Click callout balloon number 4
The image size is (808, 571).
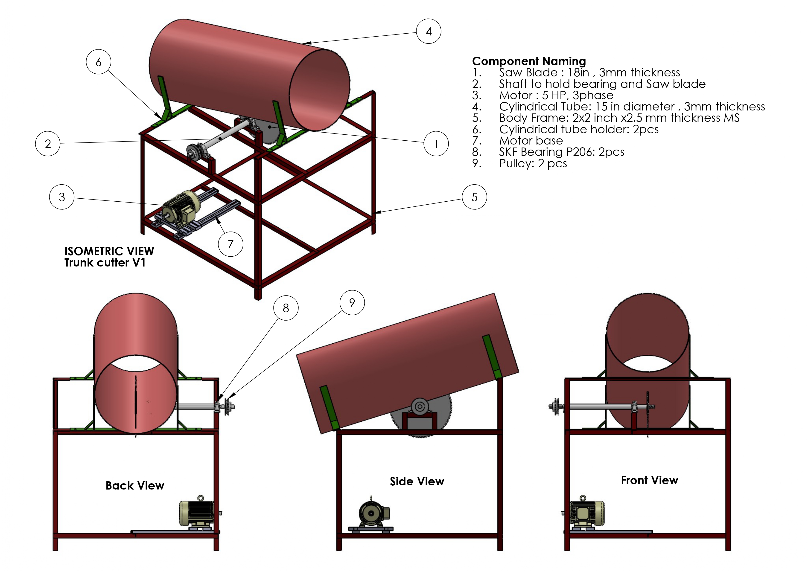[428, 31]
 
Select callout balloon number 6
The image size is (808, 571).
[99, 62]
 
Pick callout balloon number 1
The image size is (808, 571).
[436, 144]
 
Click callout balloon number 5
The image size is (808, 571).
[474, 197]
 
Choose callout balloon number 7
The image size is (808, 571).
[230, 244]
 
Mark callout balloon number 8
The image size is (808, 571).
[286, 308]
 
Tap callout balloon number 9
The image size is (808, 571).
[352, 302]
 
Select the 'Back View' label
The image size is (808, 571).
[135, 486]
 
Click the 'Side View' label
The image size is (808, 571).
[417, 481]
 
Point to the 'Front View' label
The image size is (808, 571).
[649, 480]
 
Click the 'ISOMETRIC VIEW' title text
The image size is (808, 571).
[109, 251]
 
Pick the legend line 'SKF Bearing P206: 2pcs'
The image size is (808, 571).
[561, 152]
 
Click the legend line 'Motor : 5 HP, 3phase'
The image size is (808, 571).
[556, 95]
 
